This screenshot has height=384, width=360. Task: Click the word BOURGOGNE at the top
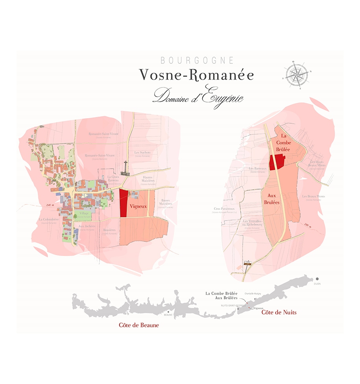click(x=197, y=61)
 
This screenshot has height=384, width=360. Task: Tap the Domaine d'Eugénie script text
click(x=198, y=95)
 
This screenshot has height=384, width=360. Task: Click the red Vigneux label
click(x=138, y=206)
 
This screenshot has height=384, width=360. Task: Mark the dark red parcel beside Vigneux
click(x=124, y=203)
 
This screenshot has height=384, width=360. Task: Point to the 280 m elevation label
click(x=309, y=225)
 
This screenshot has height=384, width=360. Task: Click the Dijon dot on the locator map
click(x=317, y=279)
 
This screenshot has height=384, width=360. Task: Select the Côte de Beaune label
click(x=139, y=325)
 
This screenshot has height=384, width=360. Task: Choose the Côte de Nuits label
click(x=279, y=312)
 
